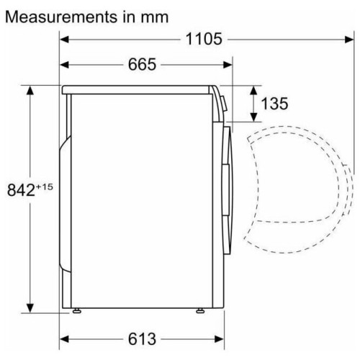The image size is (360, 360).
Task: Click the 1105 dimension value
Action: tap(204, 39)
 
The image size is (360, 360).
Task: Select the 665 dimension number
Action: tap(142, 64)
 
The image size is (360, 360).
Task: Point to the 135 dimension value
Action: tap(274, 104)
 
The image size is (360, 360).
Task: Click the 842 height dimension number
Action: tap(21, 190)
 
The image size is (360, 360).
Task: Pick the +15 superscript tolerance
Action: tap(44, 186)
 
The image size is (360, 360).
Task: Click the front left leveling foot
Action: tap(77, 311)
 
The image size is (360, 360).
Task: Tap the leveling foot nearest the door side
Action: tap(200, 311)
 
